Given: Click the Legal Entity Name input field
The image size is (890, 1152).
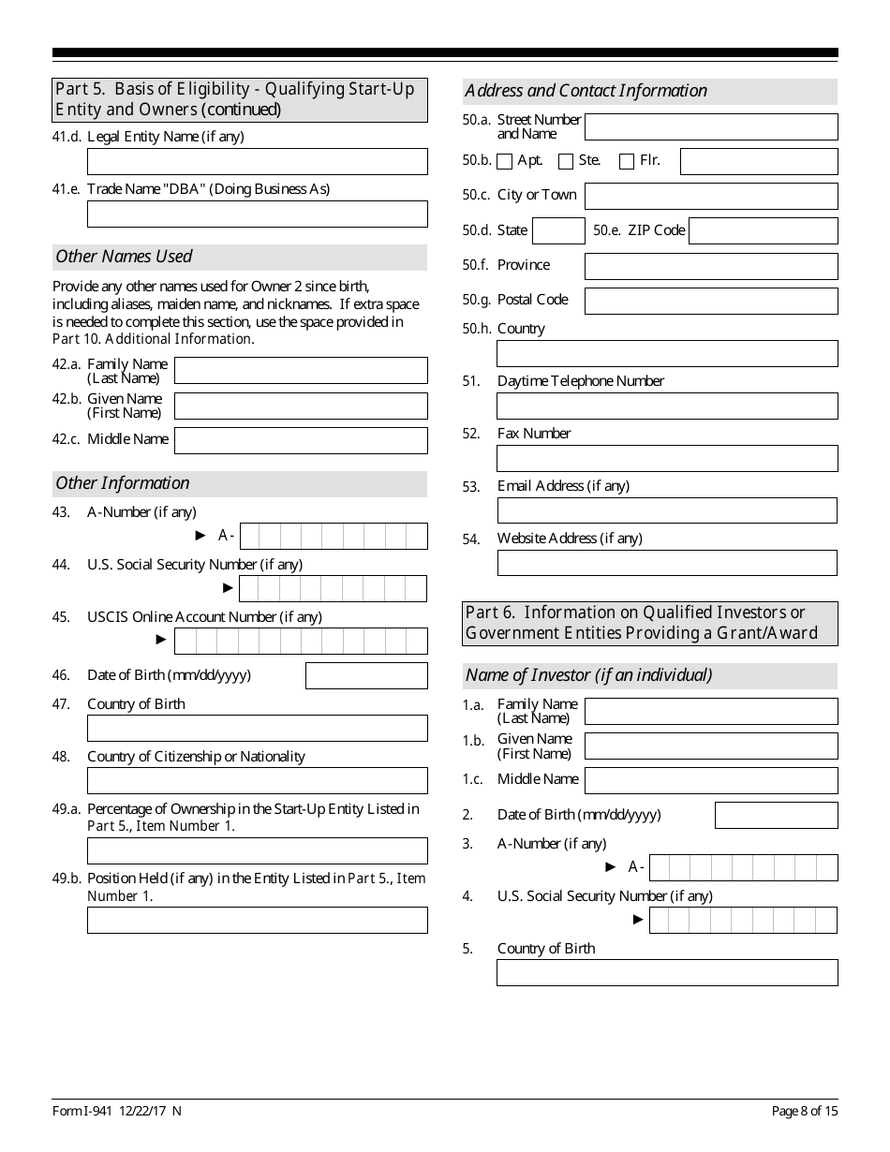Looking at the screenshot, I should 257,161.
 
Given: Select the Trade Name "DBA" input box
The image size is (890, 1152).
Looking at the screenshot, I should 257,214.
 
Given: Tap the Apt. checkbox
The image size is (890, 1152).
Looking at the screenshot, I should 505,161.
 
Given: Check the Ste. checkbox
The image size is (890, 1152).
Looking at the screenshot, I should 566,161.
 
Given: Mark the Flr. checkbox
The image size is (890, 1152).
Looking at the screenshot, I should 627,161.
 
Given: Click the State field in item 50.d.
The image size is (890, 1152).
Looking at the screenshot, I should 559,230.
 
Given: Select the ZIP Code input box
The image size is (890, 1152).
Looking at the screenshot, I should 763,230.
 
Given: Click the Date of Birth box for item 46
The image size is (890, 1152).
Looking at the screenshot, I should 366,675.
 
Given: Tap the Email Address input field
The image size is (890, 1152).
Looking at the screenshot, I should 667,510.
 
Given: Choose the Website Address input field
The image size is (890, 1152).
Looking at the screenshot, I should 667,563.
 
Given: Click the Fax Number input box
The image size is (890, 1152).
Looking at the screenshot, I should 667,458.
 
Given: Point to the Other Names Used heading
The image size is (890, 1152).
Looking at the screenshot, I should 124,257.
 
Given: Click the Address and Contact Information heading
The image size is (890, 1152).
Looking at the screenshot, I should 586,91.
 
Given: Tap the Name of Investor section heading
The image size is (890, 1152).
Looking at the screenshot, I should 588,675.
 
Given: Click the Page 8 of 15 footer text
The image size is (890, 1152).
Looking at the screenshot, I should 805,1111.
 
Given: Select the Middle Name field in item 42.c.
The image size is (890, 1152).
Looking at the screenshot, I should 301,440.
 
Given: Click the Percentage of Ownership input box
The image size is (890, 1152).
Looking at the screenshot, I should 257,850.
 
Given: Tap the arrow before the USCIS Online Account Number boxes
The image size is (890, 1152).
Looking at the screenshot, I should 161,640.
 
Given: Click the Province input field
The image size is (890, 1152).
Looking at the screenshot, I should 711,266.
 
